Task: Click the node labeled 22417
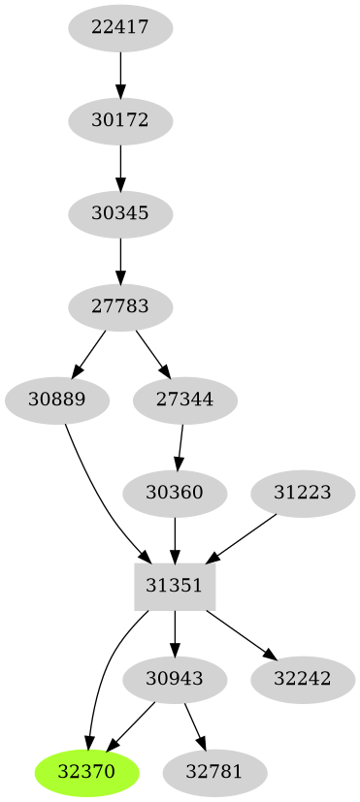120,28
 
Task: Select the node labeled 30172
120,121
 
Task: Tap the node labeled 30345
120,213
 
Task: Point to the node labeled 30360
175,493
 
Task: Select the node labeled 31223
303,493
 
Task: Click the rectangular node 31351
175,585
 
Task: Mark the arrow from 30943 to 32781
194,725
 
